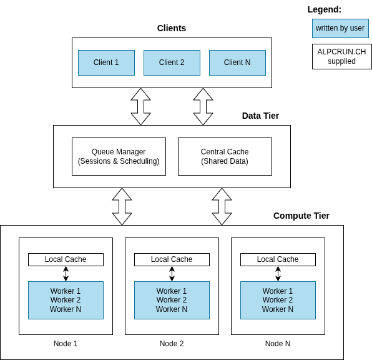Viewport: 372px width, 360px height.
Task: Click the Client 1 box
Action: tap(106, 62)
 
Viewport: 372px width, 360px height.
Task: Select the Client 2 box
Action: tap(172, 62)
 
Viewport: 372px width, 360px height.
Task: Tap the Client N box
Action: tap(237, 62)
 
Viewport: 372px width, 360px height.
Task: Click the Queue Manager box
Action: tap(119, 156)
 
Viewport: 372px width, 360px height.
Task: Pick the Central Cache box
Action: tap(225, 156)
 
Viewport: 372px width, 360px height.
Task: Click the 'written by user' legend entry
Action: tap(340, 28)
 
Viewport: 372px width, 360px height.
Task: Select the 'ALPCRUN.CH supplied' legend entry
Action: tap(341, 56)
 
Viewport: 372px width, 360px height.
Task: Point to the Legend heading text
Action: tap(325, 9)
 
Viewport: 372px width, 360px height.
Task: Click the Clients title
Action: tap(172, 28)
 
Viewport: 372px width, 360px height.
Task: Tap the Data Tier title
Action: tap(260, 116)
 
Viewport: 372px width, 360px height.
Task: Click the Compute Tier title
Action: tap(301, 216)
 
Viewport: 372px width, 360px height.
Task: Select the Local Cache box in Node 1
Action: tap(66, 259)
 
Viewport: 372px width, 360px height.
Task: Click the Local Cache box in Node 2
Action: tap(172, 259)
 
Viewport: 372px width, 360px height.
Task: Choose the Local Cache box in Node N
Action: tap(278, 259)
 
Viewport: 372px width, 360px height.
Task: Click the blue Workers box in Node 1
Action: tap(66, 300)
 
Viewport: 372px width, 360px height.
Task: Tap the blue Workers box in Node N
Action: tap(278, 300)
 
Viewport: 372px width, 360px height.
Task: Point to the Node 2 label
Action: tap(172, 344)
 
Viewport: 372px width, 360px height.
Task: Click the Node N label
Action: tap(278, 344)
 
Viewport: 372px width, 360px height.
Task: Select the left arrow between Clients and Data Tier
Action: tap(141, 106)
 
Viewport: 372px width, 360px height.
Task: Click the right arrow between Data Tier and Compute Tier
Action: tap(222, 206)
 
